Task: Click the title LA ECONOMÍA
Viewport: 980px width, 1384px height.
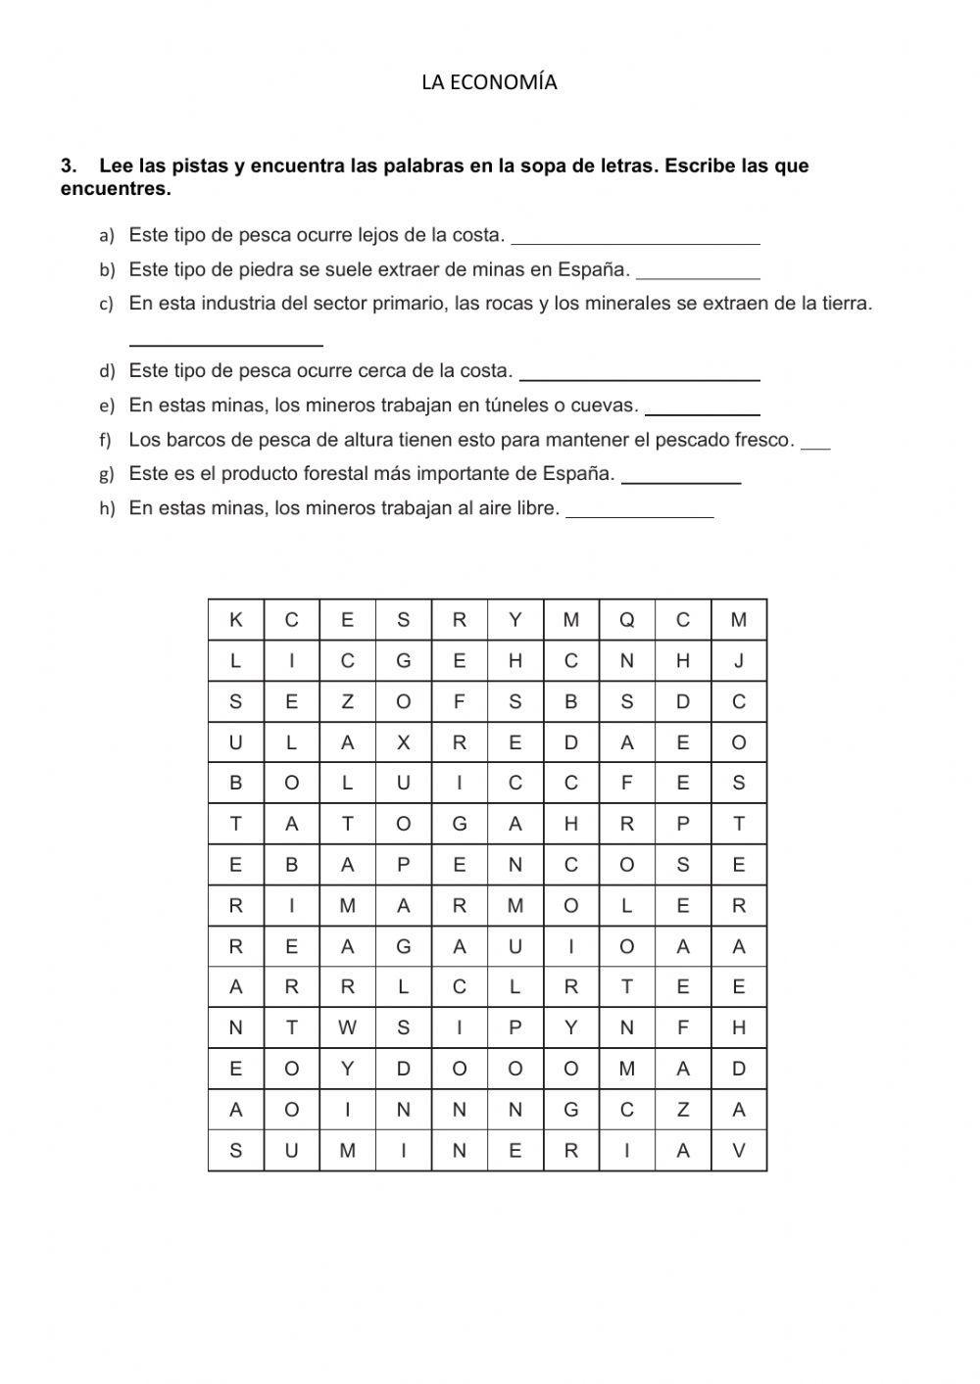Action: [x=489, y=83]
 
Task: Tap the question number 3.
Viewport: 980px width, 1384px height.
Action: [x=68, y=166]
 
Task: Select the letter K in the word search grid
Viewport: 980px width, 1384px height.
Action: [x=235, y=620]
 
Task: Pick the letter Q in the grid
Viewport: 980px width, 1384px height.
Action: [x=627, y=620]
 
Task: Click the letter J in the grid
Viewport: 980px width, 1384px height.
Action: [x=739, y=661]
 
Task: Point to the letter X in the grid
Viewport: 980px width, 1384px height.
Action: [x=403, y=742]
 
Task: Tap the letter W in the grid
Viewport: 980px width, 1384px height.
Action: [x=347, y=1027]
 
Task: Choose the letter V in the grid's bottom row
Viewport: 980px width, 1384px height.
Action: [x=739, y=1151]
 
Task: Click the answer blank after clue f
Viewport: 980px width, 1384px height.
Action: [x=815, y=446]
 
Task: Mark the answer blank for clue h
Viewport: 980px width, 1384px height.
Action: [x=639, y=513]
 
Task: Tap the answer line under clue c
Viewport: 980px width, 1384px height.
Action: [x=225, y=342]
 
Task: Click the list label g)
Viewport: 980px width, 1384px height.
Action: [x=107, y=475]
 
